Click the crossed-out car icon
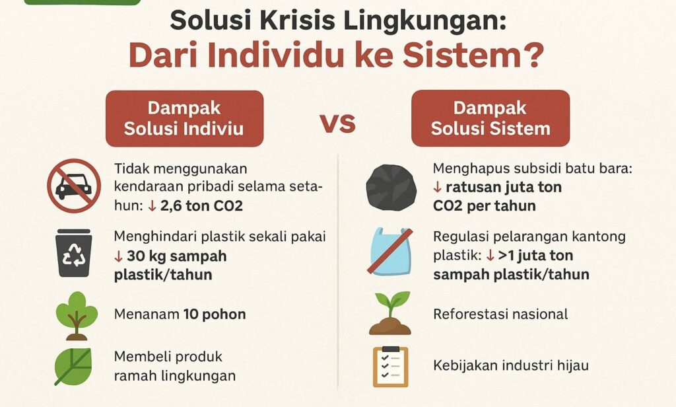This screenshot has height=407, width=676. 74,186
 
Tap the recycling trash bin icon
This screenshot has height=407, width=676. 74,253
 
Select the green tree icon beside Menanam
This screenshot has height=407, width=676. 77,316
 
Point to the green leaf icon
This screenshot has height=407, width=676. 73,367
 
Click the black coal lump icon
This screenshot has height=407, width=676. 391,188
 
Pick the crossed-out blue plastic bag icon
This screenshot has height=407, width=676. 391,251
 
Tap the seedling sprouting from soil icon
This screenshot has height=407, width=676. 390,313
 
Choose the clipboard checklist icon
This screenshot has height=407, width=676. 391,367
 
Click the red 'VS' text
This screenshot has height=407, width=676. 338,123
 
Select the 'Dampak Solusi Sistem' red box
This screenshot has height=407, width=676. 490,118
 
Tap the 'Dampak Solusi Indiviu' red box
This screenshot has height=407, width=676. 185,118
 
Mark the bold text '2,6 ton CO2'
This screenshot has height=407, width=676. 201,205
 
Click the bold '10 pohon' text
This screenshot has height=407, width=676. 215,314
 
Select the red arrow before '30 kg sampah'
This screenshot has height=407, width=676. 118,257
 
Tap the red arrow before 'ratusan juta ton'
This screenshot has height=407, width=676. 438,188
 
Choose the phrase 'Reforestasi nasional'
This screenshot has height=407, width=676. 500,314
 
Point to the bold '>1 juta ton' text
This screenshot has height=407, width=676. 535,256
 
